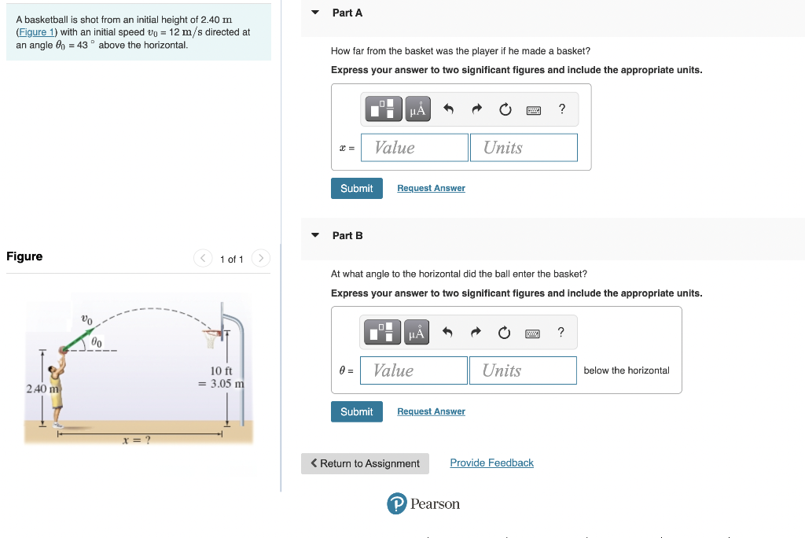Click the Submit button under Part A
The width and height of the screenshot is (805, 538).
click(357, 188)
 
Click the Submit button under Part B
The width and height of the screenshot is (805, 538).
click(357, 411)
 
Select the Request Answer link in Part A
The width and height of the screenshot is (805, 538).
click(432, 188)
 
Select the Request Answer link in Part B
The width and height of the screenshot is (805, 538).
click(432, 411)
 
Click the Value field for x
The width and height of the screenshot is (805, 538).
click(415, 147)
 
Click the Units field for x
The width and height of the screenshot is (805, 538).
click(524, 147)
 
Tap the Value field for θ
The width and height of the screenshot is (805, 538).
click(414, 370)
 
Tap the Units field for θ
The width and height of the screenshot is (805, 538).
click(523, 370)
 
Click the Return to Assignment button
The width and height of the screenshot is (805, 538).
click(365, 463)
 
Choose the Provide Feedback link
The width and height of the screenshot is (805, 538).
click(492, 462)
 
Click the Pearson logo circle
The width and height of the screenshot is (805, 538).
click(397, 503)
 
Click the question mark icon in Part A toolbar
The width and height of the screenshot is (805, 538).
click(562, 109)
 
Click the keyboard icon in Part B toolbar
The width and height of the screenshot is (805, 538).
click(532, 334)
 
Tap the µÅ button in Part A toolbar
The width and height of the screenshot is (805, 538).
click(418, 109)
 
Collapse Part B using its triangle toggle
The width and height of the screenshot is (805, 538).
click(315, 235)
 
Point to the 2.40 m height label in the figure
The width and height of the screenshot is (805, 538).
click(42, 389)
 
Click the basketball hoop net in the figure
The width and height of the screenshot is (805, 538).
click(211, 340)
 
